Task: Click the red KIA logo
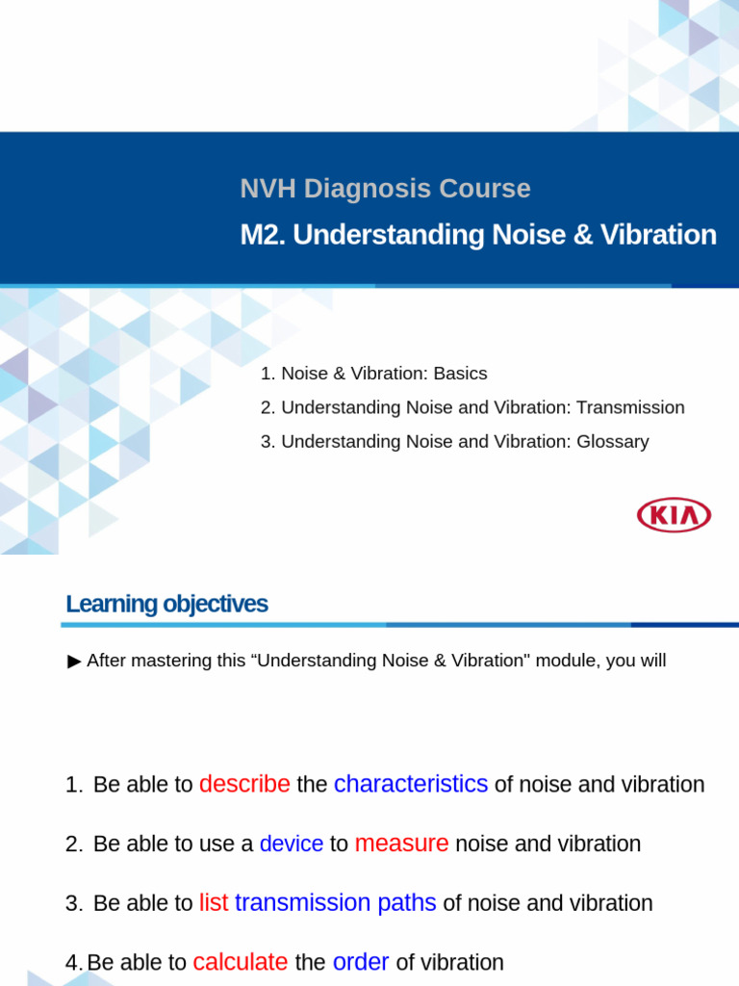click(x=674, y=515)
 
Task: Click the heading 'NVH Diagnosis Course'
click(x=385, y=189)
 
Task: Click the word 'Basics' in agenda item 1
click(x=460, y=374)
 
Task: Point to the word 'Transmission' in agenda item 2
click(x=630, y=407)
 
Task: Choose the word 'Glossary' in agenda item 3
click(x=613, y=441)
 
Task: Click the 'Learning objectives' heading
click(x=166, y=604)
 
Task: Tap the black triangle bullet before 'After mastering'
click(x=75, y=661)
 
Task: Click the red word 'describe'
click(x=244, y=784)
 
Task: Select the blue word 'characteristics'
click(x=411, y=784)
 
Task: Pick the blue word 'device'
click(x=292, y=843)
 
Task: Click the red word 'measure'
click(x=401, y=843)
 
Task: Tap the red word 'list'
click(x=214, y=903)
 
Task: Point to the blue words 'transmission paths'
click(x=336, y=903)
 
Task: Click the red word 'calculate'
click(x=241, y=962)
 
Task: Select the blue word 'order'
click(x=361, y=962)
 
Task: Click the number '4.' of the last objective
click(x=74, y=962)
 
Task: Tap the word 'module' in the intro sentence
click(x=562, y=661)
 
